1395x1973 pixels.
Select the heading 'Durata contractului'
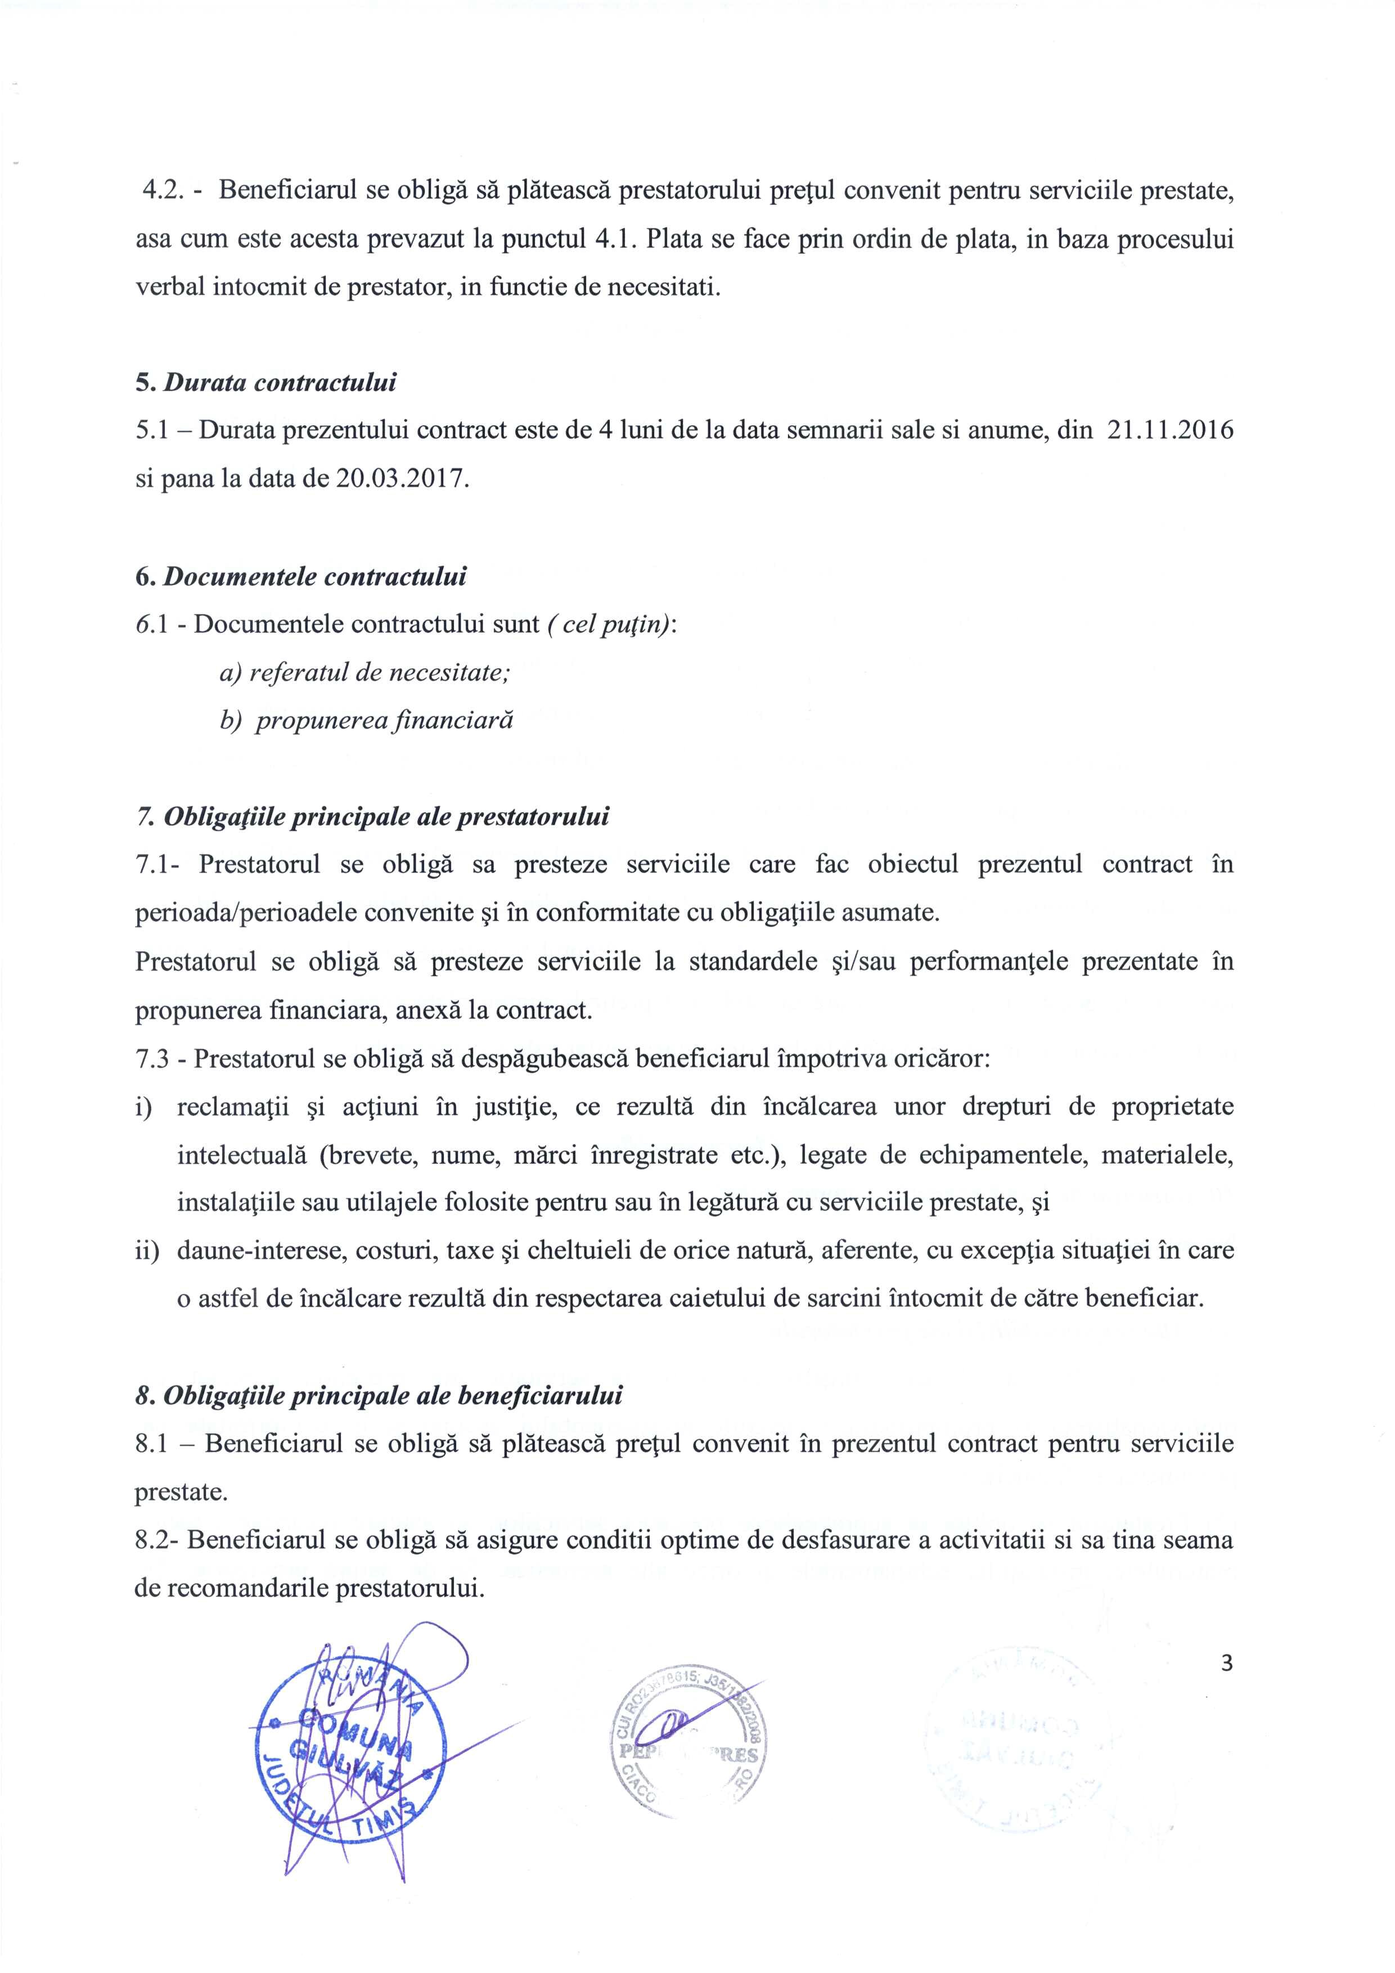pos(280,383)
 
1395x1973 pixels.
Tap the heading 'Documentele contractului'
pos(314,576)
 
